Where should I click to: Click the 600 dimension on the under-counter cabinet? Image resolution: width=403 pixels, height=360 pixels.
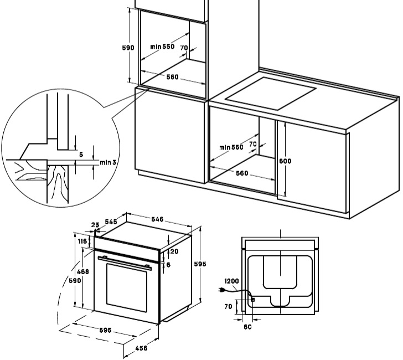tap(285, 161)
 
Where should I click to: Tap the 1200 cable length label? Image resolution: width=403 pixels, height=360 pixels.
tap(231, 281)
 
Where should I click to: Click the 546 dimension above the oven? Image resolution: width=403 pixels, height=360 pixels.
tap(158, 220)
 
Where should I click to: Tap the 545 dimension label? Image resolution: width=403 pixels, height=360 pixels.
tap(111, 222)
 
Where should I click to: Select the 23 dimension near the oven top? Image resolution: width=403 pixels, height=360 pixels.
tap(95, 225)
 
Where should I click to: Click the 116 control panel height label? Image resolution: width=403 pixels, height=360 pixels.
tap(83, 241)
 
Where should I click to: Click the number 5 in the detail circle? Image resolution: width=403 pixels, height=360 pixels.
tap(81, 155)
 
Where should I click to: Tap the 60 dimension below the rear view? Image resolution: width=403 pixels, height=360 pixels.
tap(248, 327)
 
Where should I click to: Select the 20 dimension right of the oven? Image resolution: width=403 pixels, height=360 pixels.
tap(173, 251)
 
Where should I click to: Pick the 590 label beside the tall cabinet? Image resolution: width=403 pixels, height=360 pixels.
tap(128, 48)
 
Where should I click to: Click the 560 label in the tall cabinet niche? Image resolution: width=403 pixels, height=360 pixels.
tap(172, 77)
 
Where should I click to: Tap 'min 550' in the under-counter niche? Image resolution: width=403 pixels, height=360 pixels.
tap(231, 147)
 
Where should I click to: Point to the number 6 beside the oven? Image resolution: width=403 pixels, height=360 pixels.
tap(168, 264)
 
